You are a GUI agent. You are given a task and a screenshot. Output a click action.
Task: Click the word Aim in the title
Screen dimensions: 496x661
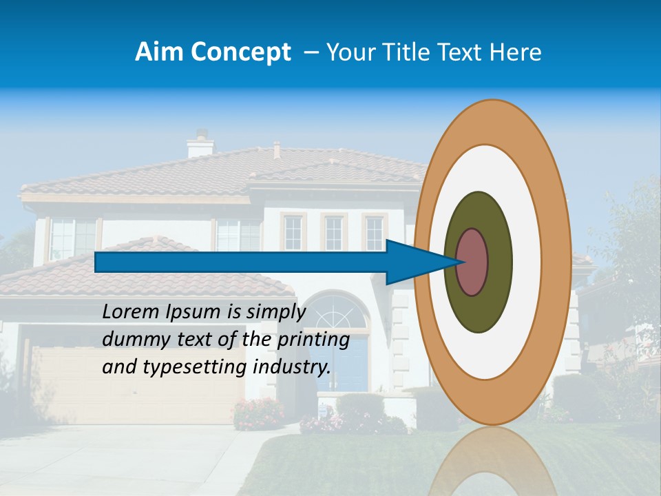(x=160, y=52)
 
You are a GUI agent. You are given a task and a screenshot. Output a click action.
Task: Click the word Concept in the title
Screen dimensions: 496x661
(x=240, y=52)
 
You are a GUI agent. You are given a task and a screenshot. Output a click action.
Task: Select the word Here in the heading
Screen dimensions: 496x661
(x=516, y=52)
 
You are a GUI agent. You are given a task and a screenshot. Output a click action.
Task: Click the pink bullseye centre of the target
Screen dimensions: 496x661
(x=472, y=262)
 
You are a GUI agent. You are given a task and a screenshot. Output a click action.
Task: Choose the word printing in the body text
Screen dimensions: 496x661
(x=313, y=340)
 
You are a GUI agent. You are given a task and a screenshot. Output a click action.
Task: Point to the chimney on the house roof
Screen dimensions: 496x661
(x=200, y=145)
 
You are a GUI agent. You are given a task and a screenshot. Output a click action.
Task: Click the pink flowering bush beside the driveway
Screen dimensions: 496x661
(x=258, y=413)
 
